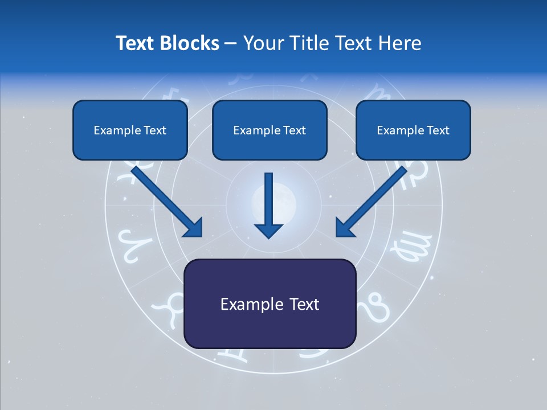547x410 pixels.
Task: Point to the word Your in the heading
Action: [263, 43]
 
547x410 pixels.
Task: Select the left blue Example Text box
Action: [130, 130]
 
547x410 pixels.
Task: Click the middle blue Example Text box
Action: [270, 130]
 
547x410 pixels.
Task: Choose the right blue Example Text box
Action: [413, 130]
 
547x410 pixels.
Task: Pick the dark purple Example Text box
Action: [270, 304]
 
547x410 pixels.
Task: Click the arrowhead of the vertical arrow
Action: [268, 229]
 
